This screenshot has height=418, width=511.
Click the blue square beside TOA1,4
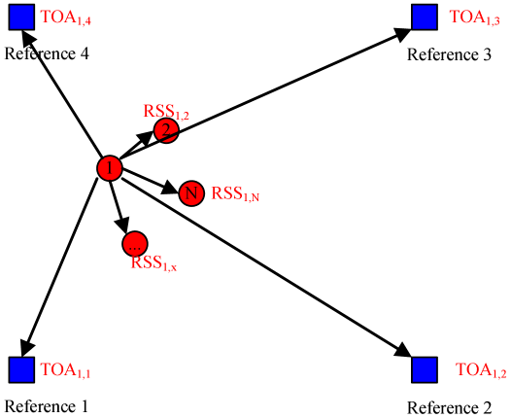pyautogui.click(x=21, y=17)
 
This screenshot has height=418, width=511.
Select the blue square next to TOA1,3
pyautogui.click(x=425, y=17)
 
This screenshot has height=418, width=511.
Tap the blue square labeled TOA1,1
pyautogui.click(x=21, y=369)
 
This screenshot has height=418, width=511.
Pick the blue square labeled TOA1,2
pyautogui.click(x=425, y=369)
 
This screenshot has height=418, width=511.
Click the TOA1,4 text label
pyautogui.click(x=65, y=18)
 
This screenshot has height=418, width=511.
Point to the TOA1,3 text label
pyautogui.click(x=474, y=18)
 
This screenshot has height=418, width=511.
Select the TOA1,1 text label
pyautogui.click(x=65, y=371)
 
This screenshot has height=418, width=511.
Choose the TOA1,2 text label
pyautogui.click(x=481, y=371)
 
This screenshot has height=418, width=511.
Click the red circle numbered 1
pyautogui.click(x=110, y=168)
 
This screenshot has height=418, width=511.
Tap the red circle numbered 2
pyautogui.click(x=166, y=130)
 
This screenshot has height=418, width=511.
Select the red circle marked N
pyautogui.click(x=191, y=193)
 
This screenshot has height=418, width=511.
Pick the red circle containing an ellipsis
pyautogui.click(x=135, y=244)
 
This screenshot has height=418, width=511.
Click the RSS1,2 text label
pyautogui.click(x=165, y=112)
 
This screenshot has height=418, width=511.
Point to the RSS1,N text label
pyautogui.click(x=234, y=194)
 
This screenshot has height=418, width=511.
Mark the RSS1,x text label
pyautogui.click(x=153, y=262)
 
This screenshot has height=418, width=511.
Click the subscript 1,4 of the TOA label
pyautogui.click(x=84, y=21)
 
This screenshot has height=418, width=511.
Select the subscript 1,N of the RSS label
pyautogui.click(x=251, y=198)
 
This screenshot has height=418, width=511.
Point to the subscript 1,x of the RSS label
pyautogui.click(x=169, y=266)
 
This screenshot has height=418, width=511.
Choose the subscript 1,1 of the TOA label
pyautogui.click(x=84, y=374)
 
